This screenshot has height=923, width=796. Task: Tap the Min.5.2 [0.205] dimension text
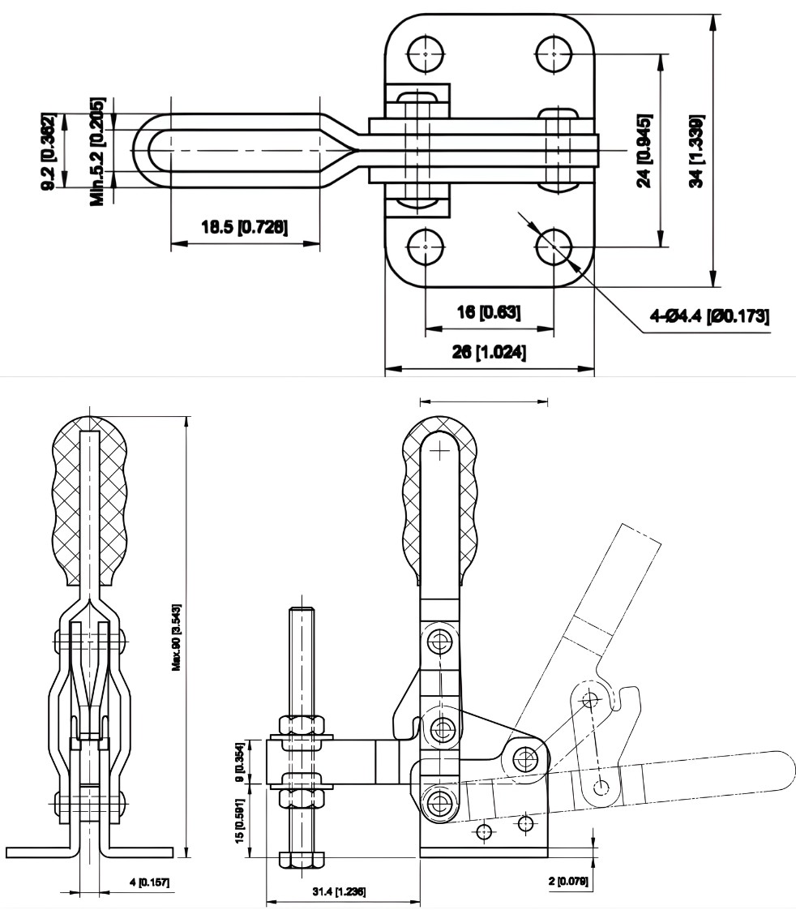pos(98,151)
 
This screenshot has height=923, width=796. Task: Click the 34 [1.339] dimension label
pos(695,151)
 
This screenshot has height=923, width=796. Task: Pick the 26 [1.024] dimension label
pos(488,353)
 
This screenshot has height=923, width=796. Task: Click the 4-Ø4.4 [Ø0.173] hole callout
pos(710,316)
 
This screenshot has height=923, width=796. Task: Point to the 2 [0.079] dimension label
pos(568,881)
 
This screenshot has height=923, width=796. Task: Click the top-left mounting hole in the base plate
pos(425,54)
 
